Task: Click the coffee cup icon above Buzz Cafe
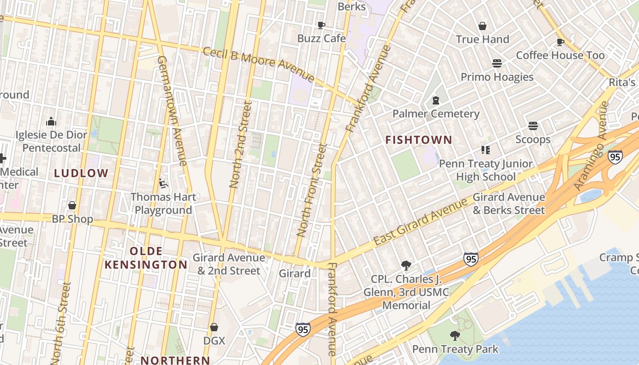pos(321,25)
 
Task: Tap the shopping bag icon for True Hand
pos(482,26)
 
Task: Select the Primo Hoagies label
pos(497,77)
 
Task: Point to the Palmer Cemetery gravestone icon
pos(436,100)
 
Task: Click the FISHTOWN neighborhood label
pos(419,140)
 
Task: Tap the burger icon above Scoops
pos(533,125)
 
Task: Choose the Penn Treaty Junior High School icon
pos(486,150)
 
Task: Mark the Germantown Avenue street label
pos(172,110)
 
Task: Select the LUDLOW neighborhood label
pos(81,173)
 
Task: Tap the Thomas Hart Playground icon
pos(163,183)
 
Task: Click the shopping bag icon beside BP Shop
pos(72,206)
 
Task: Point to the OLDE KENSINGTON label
pos(146,258)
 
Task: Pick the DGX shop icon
pos(214,327)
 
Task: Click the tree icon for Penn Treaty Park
pos(455,336)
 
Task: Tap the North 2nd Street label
pos(241,145)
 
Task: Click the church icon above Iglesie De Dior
pos(51,121)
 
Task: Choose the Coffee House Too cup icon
pos(560,42)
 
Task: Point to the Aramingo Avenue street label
pos(592,146)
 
